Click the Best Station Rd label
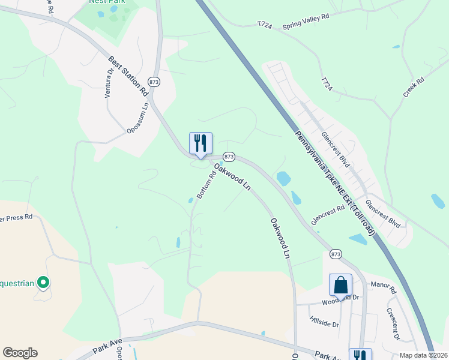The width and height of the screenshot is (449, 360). point(128,76)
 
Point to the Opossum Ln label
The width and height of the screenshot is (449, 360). point(137,118)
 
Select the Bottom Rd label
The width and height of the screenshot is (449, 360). point(206,185)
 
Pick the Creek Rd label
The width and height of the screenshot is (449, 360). point(414,87)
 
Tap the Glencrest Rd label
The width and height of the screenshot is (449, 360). point(328,215)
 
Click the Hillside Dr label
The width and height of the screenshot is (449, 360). point(324,321)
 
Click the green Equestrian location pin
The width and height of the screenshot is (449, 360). point(43,281)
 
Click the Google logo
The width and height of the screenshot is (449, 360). point(20,353)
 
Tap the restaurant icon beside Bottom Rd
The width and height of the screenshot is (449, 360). point(200,143)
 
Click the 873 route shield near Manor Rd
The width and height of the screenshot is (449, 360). point(336,254)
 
